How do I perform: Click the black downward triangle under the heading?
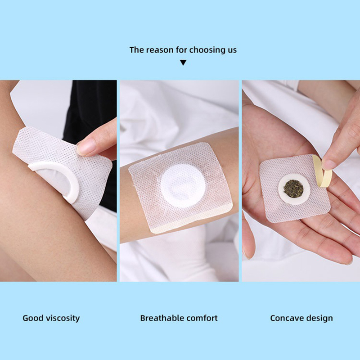point(183,63)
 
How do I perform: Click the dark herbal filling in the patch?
point(293,189)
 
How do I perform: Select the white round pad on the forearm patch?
point(183,185)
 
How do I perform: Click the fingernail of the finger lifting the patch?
point(86,147)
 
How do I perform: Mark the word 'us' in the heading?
point(232,50)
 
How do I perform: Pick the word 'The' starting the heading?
point(137,50)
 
